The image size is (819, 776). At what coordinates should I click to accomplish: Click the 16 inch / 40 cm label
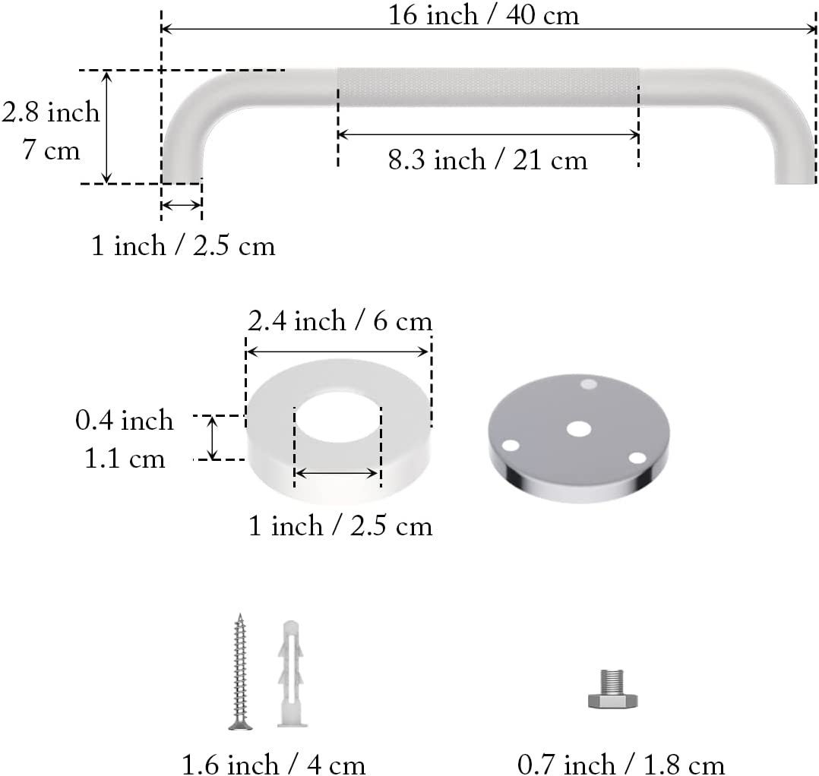pyautogui.click(x=483, y=14)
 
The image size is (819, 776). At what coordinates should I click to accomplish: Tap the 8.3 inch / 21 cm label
pyautogui.click(x=487, y=159)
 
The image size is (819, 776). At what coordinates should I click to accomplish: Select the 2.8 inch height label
pyautogui.click(x=50, y=112)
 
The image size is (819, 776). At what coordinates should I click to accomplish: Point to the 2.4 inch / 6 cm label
pyautogui.click(x=340, y=321)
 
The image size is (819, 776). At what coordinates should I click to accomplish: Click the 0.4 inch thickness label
pyautogui.click(x=124, y=420)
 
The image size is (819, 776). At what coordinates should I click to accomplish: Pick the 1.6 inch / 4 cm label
pyautogui.click(x=274, y=765)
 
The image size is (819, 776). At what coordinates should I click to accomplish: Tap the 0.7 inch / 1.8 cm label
pyautogui.click(x=621, y=765)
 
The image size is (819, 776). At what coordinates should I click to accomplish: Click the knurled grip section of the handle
pyautogui.click(x=488, y=87)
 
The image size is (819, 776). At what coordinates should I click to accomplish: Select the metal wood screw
pyautogui.click(x=240, y=672)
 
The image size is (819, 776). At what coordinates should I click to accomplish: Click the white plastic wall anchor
pyautogui.click(x=291, y=673)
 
